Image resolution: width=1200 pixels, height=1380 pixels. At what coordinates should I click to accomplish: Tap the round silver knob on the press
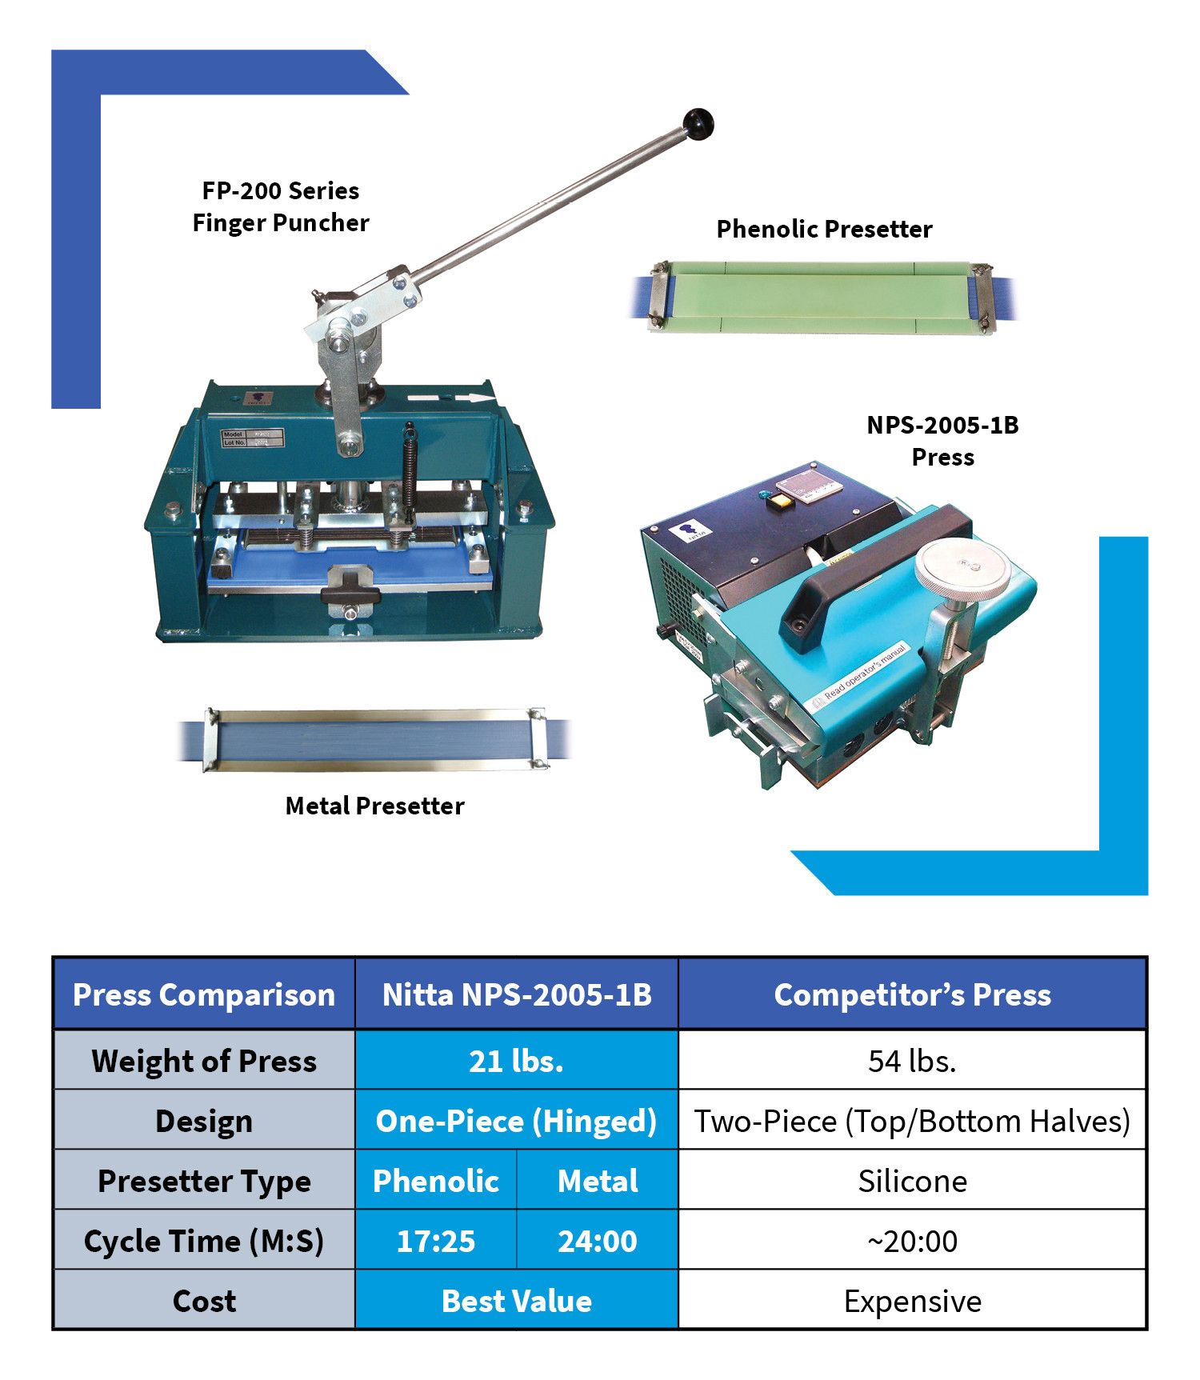click(x=962, y=567)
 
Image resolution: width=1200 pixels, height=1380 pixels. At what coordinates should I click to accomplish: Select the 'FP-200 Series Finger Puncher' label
click(x=281, y=206)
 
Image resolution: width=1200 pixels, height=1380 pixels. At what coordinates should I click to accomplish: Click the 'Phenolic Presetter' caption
click(x=824, y=230)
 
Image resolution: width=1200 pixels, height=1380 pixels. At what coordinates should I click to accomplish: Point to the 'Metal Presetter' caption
click(x=374, y=806)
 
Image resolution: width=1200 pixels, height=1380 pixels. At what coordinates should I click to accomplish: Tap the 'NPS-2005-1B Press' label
click(x=942, y=441)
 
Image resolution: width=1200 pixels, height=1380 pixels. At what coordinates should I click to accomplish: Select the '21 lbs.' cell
click(x=516, y=1061)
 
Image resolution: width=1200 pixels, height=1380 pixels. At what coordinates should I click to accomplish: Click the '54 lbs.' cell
click(x=912, y=1061)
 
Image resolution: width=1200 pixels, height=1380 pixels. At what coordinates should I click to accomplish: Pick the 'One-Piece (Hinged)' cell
click(x=516, y=1121)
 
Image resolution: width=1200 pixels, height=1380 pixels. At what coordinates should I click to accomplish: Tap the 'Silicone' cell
click(x=912, y=1181)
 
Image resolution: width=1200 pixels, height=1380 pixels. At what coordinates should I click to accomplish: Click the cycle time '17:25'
click(x=436, y=1241)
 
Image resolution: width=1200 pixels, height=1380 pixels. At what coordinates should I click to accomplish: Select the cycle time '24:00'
click(x=598, y=1241)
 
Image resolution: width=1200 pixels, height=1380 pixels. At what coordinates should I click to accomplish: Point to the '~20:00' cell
click(x=912, y=1241)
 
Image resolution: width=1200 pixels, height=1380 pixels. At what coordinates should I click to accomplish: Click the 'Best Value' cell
click(x=516, y=1301)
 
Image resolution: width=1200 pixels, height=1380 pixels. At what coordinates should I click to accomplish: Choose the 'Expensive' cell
click(x=912, y=1301)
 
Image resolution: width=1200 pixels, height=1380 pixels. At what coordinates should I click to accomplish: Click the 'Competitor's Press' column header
click(x=912, y=994)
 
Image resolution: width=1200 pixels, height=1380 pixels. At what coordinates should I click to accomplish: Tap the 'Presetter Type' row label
click(x=204, y=1181)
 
